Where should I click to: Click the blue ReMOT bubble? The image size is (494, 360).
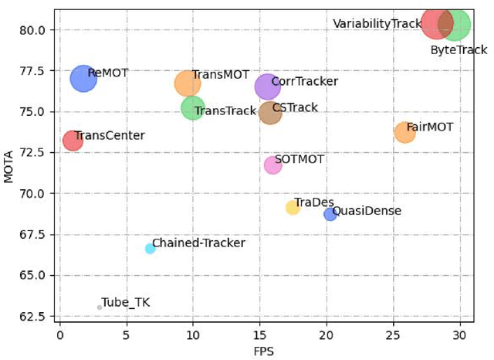click(83, 78)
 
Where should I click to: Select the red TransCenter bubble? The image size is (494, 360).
click(73, 141)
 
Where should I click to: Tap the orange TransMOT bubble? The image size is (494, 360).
click(188, 83)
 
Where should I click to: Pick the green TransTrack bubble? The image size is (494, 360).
click(193, 107)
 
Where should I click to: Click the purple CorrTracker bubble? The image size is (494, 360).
click(267, 87)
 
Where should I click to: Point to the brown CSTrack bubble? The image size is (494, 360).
click(270, 112)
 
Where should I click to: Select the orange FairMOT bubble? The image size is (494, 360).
click(405, 132)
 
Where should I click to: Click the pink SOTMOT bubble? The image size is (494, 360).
click(273, 165)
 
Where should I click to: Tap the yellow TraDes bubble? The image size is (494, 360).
click(293, 207)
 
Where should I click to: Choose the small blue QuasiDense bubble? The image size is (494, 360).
click(330, 214)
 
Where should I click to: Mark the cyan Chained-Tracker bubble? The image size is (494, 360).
click(151, 248)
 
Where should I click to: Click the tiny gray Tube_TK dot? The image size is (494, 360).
click(100, 307)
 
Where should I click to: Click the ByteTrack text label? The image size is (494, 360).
click(458, 50)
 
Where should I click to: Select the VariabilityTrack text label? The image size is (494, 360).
click(377, 24)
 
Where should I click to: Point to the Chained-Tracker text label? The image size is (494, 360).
click(198, 243)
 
